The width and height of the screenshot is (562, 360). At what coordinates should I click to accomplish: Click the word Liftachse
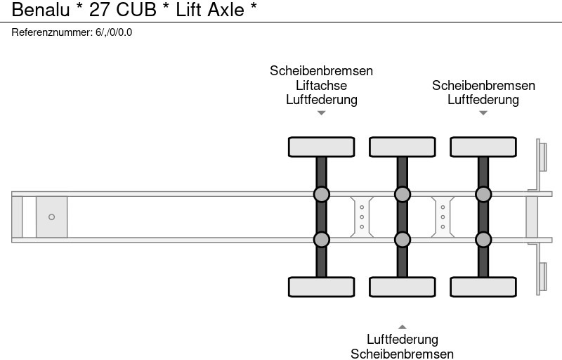[x=321, y=85]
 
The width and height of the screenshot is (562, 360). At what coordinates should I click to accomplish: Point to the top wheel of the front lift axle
[x=321, y=146]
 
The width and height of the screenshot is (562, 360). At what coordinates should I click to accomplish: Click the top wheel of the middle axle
[x=402, y=146]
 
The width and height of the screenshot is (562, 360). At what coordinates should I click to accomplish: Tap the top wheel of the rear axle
[x=483, y=146]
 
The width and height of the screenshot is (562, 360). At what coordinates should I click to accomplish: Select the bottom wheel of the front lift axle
[x=321, y=287]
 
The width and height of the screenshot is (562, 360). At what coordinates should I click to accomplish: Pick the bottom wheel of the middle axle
[x=402, y=287]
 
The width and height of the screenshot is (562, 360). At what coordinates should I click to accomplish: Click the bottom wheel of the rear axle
[x=483, y=287]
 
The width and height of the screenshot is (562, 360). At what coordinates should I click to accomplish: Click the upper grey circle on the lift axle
[x=321, y=194]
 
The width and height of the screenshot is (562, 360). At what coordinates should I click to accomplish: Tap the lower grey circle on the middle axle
[x=402, y=240]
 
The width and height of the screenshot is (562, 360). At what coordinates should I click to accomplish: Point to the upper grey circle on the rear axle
[x=483, y=194]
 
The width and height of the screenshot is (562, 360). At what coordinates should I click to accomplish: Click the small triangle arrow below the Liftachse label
[x=321, y=112]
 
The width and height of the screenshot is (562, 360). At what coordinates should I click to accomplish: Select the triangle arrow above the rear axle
[x=483, y=112]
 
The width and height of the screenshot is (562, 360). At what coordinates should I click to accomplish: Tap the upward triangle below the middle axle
[x=402, y=326]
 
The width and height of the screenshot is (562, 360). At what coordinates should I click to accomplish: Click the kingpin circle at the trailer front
[x=51, y=217]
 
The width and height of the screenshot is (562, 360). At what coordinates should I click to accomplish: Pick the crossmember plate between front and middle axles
[x=361, y=217]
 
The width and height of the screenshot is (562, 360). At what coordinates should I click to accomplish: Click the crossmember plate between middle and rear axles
[x=443, y=217]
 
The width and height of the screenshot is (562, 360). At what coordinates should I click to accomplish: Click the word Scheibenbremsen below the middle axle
[x=402, y=354]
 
